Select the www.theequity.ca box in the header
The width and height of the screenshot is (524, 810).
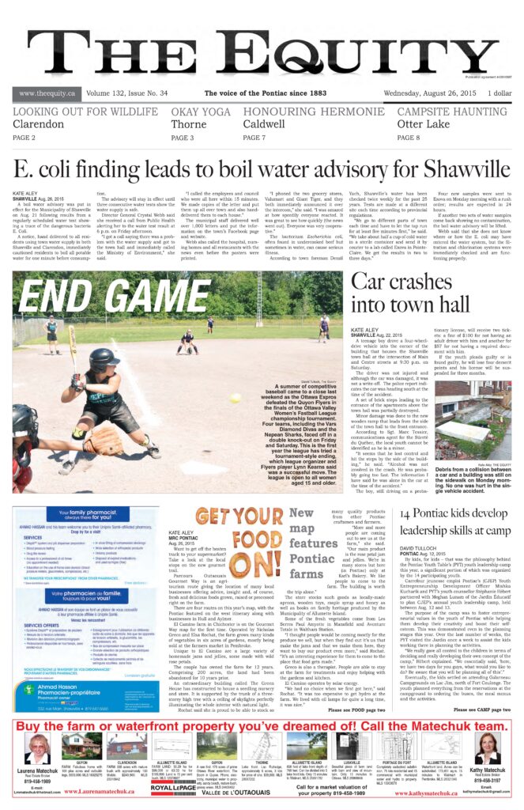(x=47, y=93)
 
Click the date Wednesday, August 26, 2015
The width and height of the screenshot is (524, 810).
(x=427, y=93)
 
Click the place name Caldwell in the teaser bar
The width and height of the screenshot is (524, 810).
(x=264, y=124)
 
